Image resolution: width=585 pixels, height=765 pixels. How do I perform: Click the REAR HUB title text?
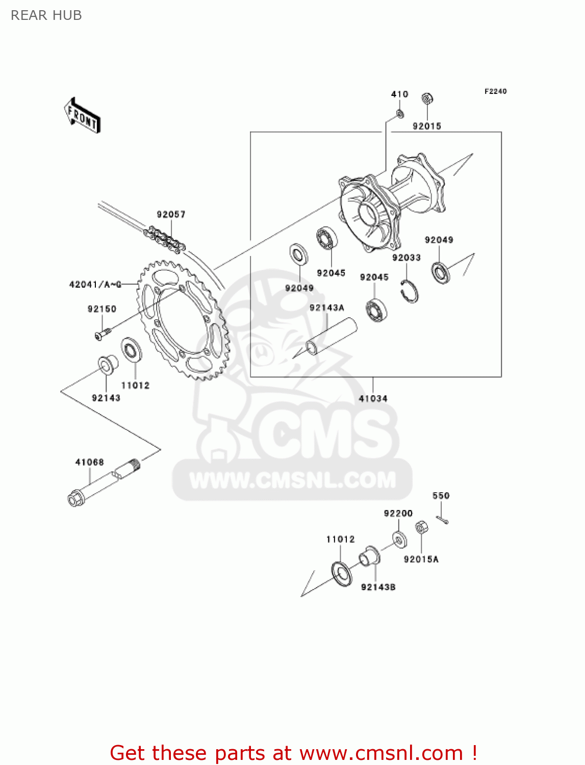pos(46,15)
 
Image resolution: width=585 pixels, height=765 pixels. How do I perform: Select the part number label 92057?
pos(171,214)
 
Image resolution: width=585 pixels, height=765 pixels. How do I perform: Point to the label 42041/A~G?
pos(95,284)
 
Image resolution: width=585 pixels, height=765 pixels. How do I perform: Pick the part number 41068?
pos(89,462)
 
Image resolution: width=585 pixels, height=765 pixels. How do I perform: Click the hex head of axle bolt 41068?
pos(75,498)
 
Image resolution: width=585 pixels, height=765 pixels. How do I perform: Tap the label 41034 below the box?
pos(373,398)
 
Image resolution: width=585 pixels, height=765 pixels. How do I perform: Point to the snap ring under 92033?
pos(410,292)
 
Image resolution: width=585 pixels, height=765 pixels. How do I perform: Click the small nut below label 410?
pos(400,113)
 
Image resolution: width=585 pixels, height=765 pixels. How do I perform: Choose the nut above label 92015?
pos(427,98)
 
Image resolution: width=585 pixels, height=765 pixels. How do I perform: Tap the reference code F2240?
pos(495,91)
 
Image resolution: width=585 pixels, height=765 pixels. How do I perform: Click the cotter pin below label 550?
pos(442,519)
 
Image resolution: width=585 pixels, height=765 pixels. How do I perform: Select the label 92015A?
pos(421,559)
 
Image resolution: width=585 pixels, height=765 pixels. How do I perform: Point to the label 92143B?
pos(378,587)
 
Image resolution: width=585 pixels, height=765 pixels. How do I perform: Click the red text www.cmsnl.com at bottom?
pos(381,753)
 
